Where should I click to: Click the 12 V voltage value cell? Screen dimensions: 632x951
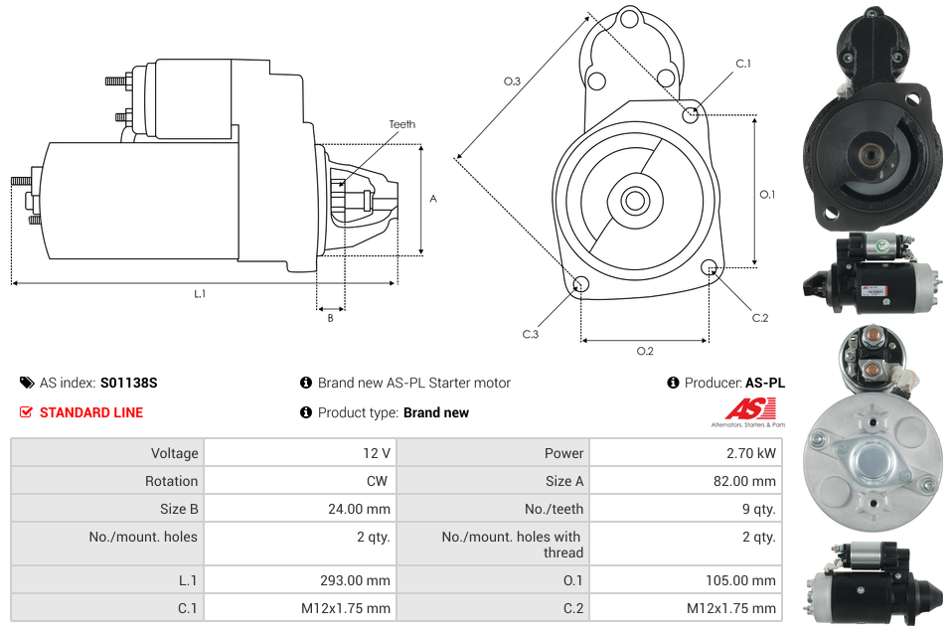click(376, 453)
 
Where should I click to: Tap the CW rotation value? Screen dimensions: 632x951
click(380, 481)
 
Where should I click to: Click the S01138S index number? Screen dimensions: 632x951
click(128, 383)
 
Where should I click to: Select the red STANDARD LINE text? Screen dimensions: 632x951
click(90, 412)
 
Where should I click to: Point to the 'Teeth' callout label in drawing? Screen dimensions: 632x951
click(401, 124)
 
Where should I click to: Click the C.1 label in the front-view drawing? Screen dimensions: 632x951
click(742, 64)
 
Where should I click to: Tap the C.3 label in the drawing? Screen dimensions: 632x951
click(530, 334)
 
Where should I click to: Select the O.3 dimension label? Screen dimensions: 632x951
click(512, 81)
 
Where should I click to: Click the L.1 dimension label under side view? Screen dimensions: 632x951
click(200, 293)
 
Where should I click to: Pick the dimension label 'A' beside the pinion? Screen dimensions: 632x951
click(433, 199)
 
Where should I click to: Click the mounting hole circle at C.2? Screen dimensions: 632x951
click(710, 267)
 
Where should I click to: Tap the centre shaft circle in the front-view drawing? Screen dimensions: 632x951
click(634, 201)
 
